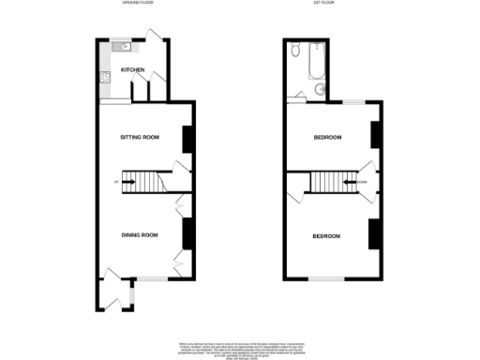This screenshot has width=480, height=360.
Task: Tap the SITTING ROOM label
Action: pos(140,138)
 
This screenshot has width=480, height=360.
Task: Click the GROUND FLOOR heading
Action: pos(139,4)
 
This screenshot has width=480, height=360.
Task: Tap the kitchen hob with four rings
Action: pos(104,78)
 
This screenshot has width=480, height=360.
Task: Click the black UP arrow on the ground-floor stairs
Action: pos(121,182)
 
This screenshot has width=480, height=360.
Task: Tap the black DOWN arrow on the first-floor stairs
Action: pos(357,182)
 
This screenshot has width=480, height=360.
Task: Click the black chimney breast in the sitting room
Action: pos(187,138)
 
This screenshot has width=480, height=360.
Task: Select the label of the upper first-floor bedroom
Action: pos(326,138)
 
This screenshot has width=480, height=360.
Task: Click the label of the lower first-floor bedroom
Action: pos(326,235)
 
